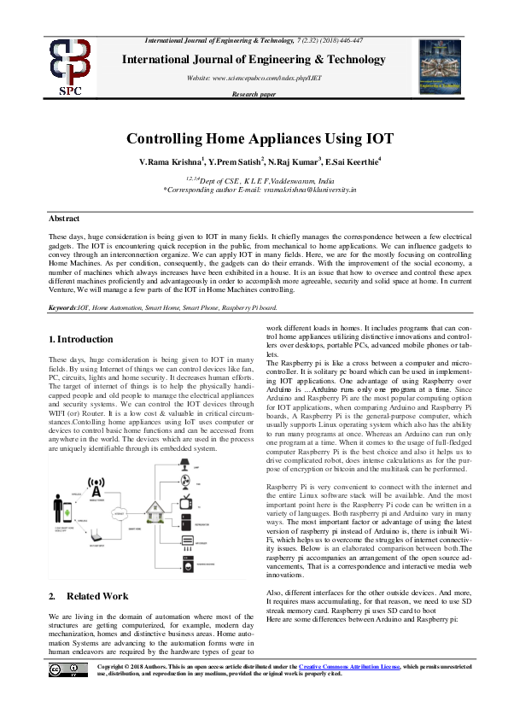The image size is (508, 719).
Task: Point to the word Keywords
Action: (62, 306)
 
